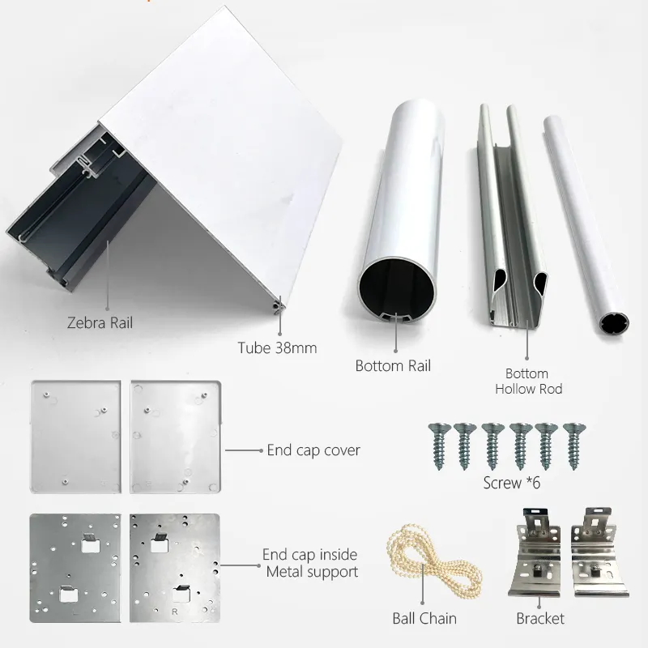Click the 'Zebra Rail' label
100,322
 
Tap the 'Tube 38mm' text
277,347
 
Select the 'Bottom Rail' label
393,366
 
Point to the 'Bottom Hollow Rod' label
528,381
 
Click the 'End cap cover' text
313,450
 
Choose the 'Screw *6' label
512,483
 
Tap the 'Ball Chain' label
424,619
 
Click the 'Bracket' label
540,619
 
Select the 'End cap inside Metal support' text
311,563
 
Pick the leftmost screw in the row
438,446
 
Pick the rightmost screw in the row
574,446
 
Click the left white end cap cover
75,437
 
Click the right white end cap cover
176,437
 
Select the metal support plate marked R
175,568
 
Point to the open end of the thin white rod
614,322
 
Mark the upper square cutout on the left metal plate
91,544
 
